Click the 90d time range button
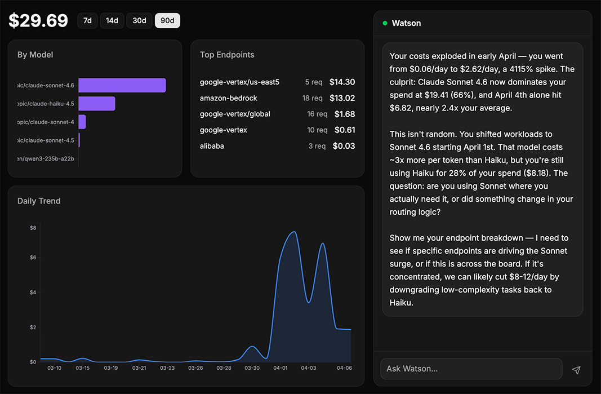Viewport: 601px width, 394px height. point(167,21)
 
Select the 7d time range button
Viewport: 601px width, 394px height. point(87,21)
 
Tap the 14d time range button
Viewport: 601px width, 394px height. point(112,21)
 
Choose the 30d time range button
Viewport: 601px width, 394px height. point(139,21)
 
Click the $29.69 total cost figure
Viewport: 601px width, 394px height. point(38,21)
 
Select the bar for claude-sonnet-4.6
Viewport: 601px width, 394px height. point(122,85)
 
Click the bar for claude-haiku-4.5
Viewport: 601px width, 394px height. point(96,104)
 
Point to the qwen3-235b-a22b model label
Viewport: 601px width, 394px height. point(46,159)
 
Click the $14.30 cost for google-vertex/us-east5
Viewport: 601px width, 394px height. point(342,82)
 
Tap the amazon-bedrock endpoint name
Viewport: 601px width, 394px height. point(228,98)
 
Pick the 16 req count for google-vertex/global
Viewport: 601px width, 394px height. point(317,114)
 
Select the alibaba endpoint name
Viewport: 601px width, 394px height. point(212,146)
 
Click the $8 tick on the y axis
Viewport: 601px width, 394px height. point(33,228)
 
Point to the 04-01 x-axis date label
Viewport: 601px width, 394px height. point(280,368)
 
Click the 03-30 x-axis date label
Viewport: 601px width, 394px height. point(252,368)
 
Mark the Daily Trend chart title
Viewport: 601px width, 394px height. point(39,201)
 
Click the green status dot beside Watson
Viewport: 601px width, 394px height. point(385,23)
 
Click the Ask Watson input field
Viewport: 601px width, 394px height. point(471,369)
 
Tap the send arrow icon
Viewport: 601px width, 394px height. point(576,370)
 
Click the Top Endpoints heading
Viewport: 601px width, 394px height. point(227,55)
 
